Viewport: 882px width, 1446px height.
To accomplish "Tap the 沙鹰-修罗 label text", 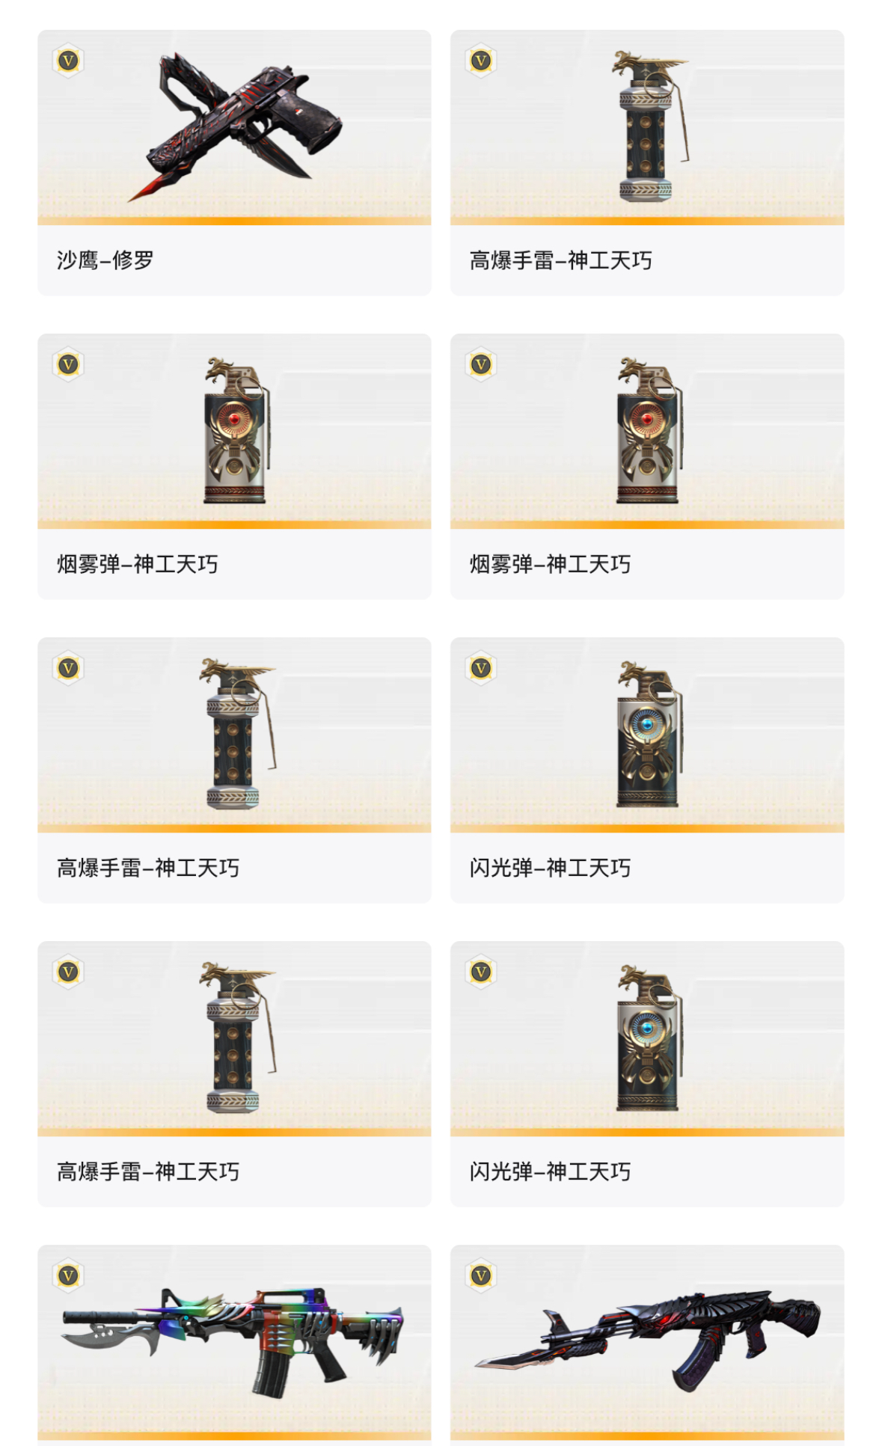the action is (105, 260).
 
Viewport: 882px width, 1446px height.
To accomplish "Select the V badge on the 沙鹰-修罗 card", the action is (68, 61).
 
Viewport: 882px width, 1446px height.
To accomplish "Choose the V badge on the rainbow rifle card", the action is (68, 1275).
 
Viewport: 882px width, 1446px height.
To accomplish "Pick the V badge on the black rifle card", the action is (481, 1275).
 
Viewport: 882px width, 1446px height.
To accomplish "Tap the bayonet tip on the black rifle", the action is (486, 1364).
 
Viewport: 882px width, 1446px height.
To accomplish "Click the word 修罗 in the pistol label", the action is (133, 260).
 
